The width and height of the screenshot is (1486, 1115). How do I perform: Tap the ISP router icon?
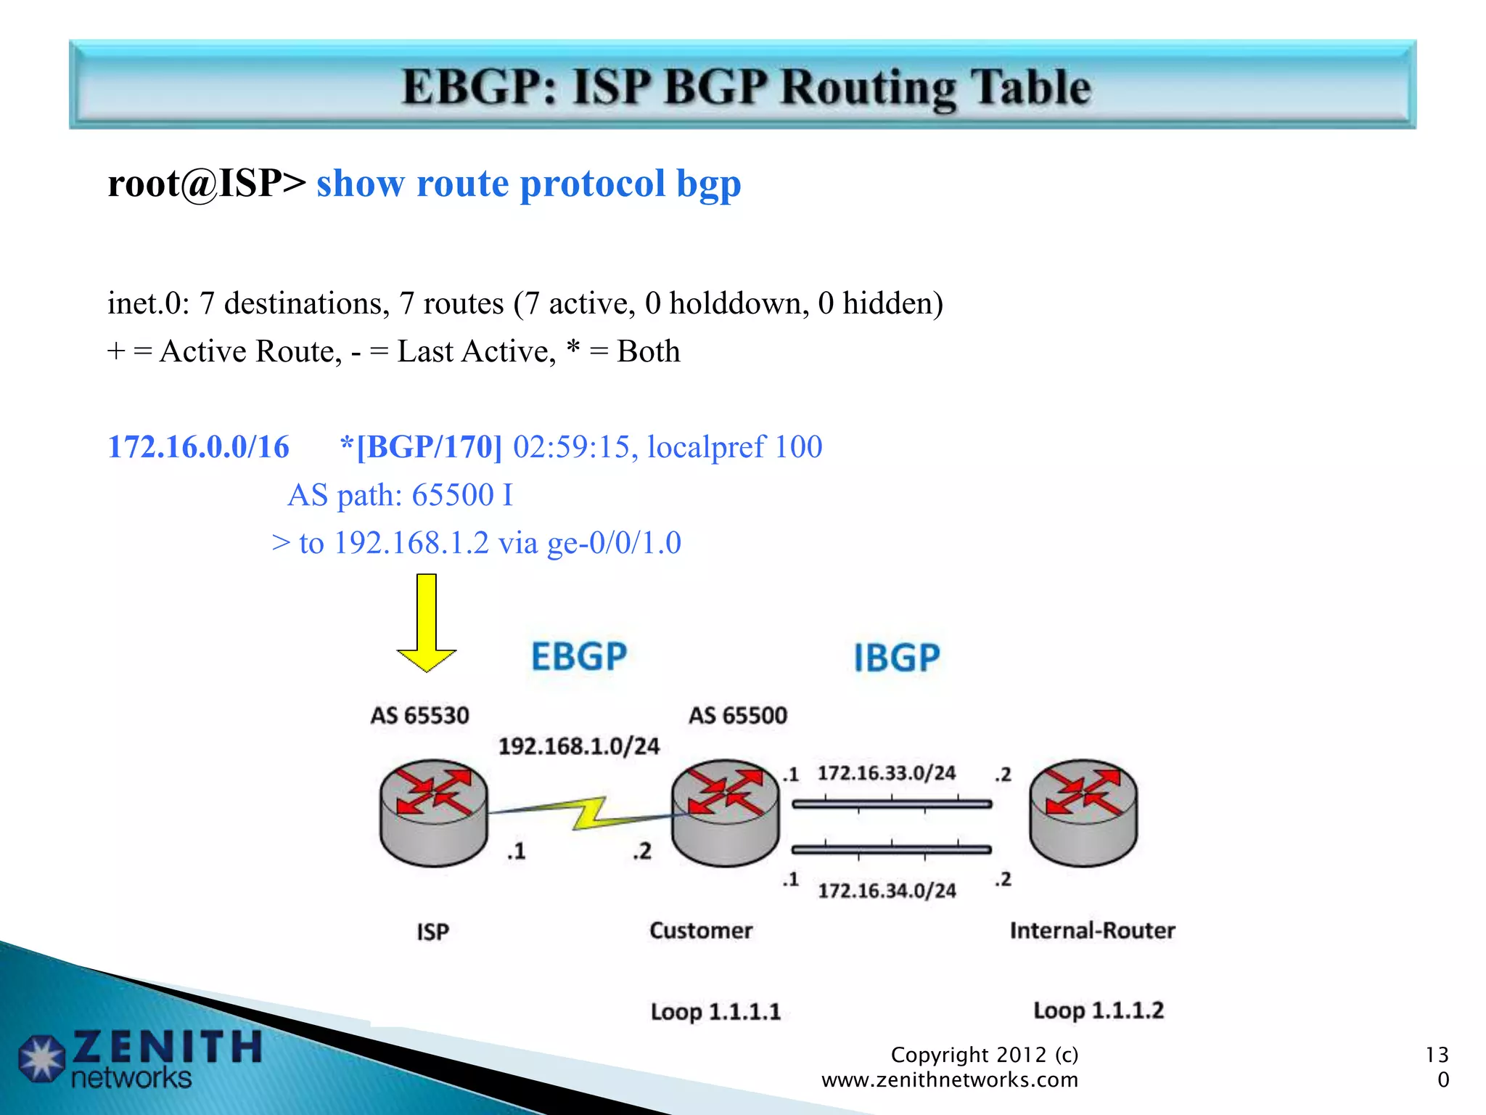point(434,812)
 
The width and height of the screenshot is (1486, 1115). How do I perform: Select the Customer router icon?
point(725,812)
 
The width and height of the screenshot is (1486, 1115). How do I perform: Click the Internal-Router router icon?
point(1083,812)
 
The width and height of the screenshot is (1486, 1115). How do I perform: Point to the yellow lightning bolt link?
point(589,813)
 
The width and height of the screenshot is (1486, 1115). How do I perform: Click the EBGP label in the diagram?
point(579,657)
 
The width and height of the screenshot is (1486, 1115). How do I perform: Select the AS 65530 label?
point(419,716)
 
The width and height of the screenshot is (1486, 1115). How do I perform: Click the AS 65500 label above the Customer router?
point(737,716)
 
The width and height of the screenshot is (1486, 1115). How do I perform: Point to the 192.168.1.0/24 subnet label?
point(579,746)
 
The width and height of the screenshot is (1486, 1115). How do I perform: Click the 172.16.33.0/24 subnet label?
point(887,773)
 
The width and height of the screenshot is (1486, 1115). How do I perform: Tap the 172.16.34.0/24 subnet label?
point(887,891)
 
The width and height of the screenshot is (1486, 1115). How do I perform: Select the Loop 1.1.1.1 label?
point(715,1012)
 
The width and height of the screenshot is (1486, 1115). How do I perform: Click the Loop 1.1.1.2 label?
point(1099,1010)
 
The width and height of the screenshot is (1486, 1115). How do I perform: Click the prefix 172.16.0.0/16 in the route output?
point(198,447)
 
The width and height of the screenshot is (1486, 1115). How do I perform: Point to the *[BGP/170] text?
point(421,447)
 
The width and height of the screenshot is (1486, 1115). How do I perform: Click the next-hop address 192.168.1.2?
point(411,543)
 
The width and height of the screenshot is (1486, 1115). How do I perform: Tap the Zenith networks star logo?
point(42,1058)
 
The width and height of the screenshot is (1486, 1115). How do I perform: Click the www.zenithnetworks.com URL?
point(950,1080)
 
